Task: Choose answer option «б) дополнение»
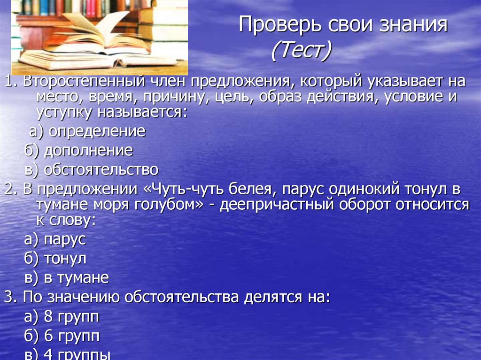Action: (x=78, y=151)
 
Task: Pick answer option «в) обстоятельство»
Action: (x=91, y=169)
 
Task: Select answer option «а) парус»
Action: (x=55, y=239)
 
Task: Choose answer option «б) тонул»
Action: (x=55, y=258)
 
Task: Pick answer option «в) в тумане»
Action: (x=66, y=277)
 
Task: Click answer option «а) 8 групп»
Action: (x=62, y=317)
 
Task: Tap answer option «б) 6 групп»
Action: (x=62, y=336)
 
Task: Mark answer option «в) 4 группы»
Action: (x=67, y=354)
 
